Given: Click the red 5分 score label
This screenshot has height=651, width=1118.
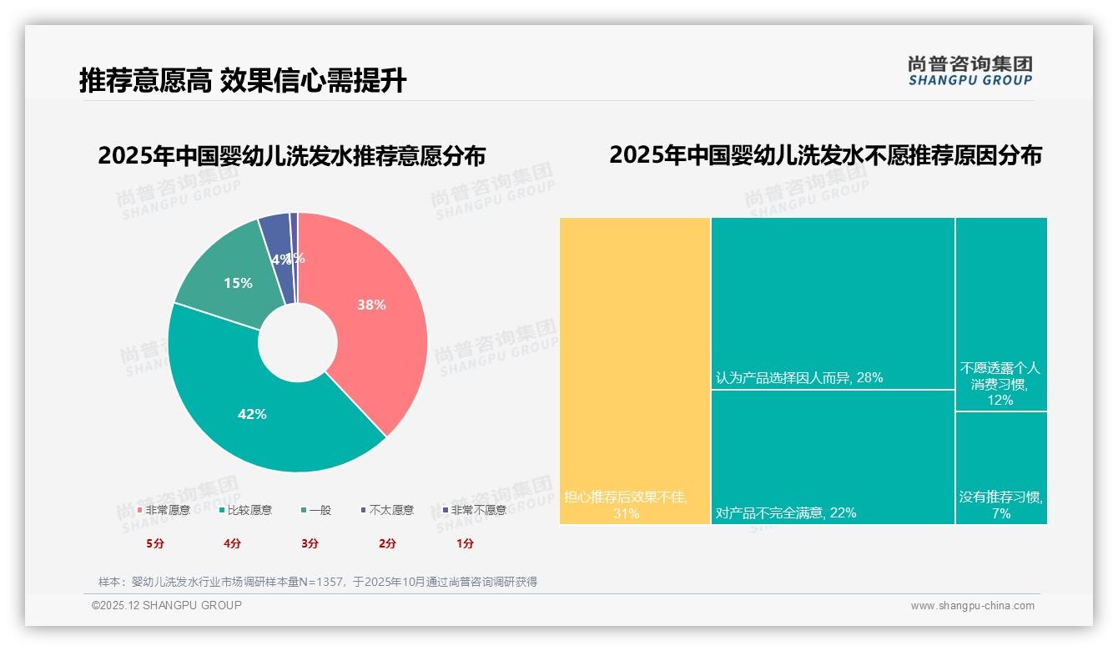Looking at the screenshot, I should (155, 543).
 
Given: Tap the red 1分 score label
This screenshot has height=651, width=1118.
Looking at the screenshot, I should (466, 543).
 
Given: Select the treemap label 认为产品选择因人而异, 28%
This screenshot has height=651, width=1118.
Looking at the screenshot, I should (798, 378).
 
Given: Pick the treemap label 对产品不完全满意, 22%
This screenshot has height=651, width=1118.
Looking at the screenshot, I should (785, 512).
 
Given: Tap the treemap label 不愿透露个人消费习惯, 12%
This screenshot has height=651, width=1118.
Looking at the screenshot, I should (1000, 384).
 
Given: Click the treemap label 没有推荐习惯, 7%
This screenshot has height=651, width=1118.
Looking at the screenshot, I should (1000, 505).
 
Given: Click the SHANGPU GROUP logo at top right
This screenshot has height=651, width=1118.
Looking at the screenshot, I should (969, 71).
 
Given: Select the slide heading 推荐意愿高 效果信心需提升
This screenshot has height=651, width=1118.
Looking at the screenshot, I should (243, 81).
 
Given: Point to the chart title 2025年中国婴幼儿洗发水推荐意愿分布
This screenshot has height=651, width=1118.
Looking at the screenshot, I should (291, 157).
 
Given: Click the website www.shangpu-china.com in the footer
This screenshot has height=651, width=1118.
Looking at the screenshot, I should (972, 606).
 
